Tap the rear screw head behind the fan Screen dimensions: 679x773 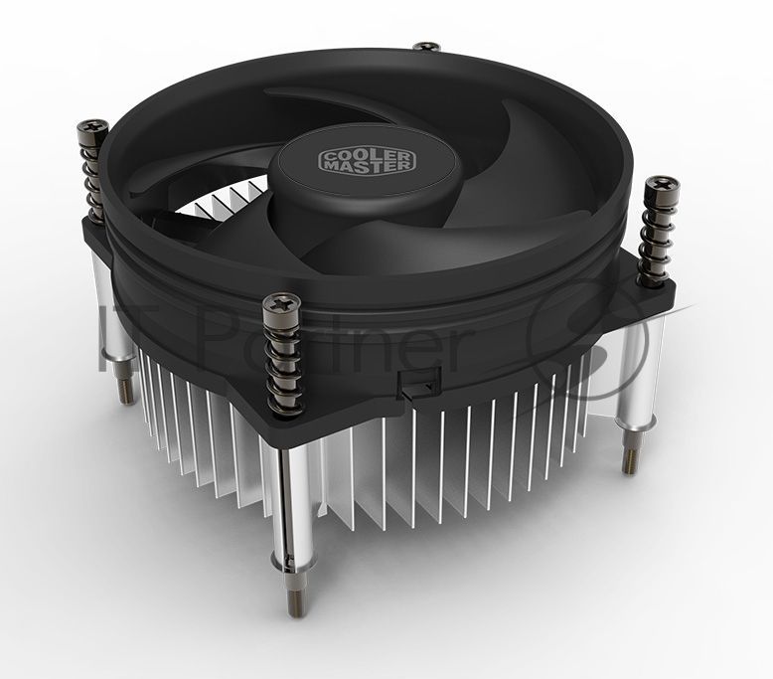tap(428, 46)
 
